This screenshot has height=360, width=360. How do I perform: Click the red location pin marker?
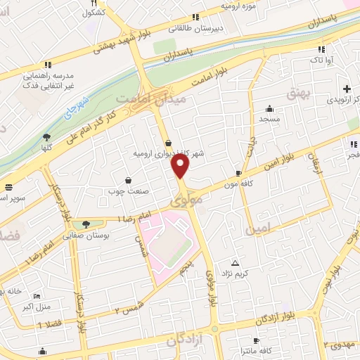[181, 166]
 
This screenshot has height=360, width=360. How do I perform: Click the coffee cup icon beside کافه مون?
[239, 172]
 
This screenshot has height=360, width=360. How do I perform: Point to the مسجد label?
[269, 120]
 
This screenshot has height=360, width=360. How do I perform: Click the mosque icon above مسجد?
[269, 108]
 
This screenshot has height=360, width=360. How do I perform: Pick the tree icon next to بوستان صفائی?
[86, 224]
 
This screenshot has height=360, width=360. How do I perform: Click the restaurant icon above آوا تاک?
[321, 49]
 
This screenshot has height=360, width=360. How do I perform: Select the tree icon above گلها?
[46, 138]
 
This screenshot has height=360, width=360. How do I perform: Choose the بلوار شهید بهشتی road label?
[120, 40]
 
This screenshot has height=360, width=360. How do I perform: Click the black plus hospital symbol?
[347, 89]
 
